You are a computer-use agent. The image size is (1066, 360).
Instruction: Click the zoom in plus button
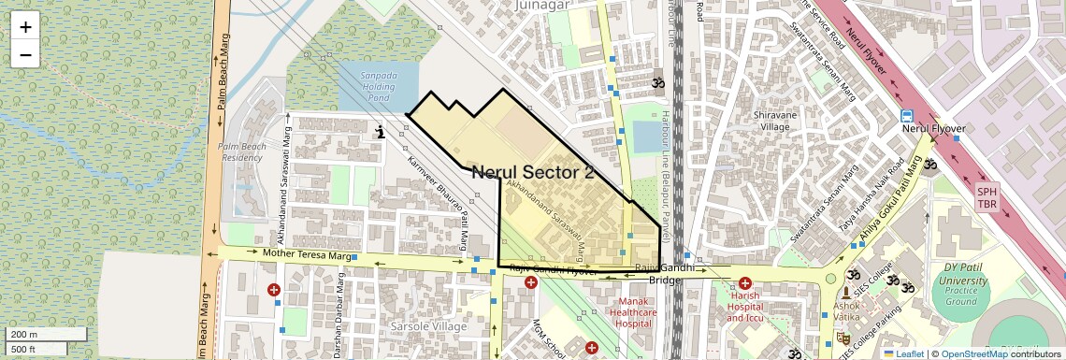coord(25,27)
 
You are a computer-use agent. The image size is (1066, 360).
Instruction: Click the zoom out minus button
coord(25,55)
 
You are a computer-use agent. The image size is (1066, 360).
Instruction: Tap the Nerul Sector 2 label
coord(533,172)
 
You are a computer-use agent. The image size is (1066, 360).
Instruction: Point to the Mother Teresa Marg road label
coord(306,254)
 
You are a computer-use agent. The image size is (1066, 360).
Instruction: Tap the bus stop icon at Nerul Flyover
coord(906,116)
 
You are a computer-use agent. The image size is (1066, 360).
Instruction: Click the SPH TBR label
coord(987,197)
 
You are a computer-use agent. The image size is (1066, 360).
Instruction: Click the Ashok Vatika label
coord(846,311)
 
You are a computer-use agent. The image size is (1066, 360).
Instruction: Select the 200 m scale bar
coord(45,335)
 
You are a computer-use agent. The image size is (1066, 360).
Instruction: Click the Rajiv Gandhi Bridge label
coord(665,274)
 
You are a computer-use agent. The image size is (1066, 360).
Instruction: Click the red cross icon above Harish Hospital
coord(745,283)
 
